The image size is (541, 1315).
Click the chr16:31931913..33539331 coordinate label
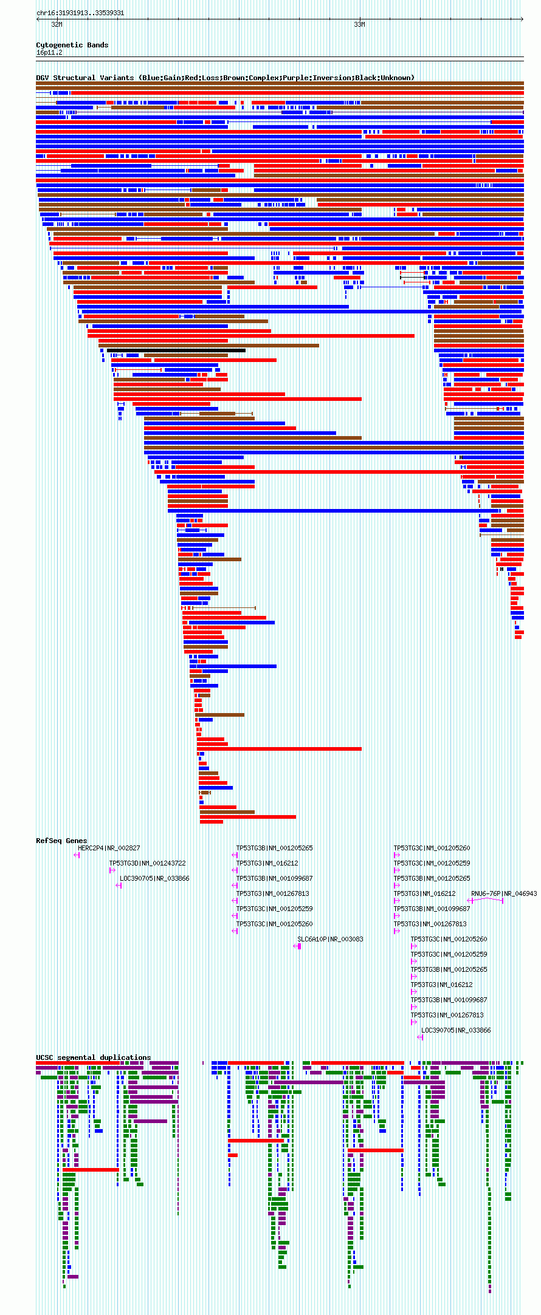(x=80, y=13)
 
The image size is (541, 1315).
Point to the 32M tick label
(x=57, y=25)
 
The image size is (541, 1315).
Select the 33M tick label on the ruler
(x=359, y=25)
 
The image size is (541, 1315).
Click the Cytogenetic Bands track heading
(x=72, y=45)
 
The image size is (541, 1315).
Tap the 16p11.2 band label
(x=49, y=53)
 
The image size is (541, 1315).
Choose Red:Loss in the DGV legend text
(x=203, y=78)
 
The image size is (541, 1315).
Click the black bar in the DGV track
(x=176, y=350)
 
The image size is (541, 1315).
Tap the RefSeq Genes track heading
(x=61, y=841)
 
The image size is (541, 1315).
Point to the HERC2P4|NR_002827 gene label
(x=109, y=848)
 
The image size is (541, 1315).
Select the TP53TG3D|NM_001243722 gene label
(x=147, y=863)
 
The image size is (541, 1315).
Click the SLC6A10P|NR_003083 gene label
(x=330, y=939)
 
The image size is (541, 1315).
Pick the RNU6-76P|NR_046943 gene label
(x=504, y=893)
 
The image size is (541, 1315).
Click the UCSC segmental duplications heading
(x=93, y=1057)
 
